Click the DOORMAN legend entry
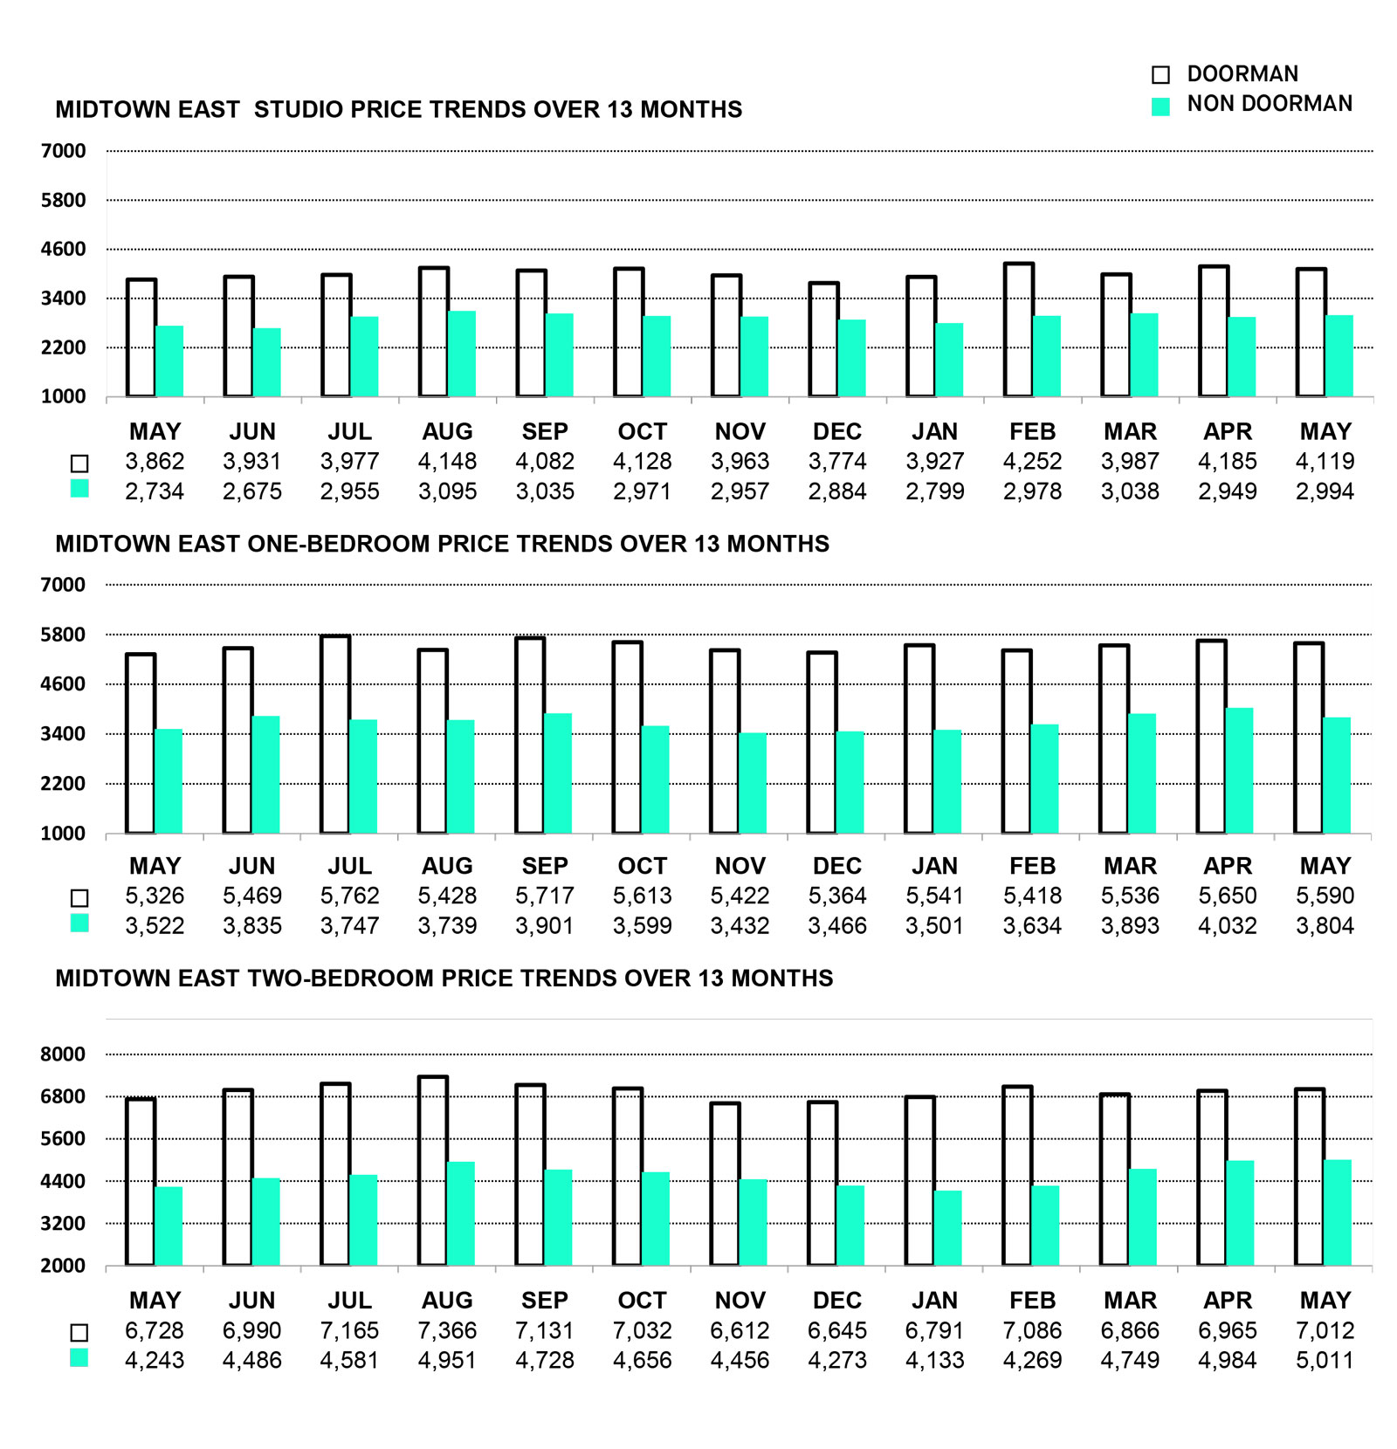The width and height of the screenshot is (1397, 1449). (1242, 74)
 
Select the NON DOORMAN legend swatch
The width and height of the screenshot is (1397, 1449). (1160, 106)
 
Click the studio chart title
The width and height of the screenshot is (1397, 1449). (399, 109)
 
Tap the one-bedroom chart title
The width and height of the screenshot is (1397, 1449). (443, 544)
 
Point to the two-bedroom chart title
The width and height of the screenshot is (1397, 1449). (444, 978)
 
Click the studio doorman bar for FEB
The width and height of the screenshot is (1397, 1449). (1019, 330)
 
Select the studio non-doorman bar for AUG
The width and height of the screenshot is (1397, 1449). (462, 354)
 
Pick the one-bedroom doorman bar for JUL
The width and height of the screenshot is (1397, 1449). (335, 734)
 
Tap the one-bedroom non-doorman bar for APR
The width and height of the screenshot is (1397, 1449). (1239, 771)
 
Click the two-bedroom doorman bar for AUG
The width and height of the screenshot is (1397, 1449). (433, 1171)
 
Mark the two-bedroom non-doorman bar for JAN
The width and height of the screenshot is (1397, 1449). (947, 1228)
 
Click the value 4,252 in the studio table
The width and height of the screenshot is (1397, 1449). (1032, 461)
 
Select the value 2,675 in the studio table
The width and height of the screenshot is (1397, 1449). (252, 491)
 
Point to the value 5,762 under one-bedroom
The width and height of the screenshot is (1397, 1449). (349, 896)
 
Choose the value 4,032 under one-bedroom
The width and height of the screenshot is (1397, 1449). (1228, 925)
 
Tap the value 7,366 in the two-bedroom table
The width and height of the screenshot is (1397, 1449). (447, 1330)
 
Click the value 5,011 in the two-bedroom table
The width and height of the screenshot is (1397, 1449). (1325, 1360)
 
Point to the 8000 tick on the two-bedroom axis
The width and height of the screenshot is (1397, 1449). (63, 1054)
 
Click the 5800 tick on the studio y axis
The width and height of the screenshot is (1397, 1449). (63, 200)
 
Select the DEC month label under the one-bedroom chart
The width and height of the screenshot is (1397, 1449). (837, 866)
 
